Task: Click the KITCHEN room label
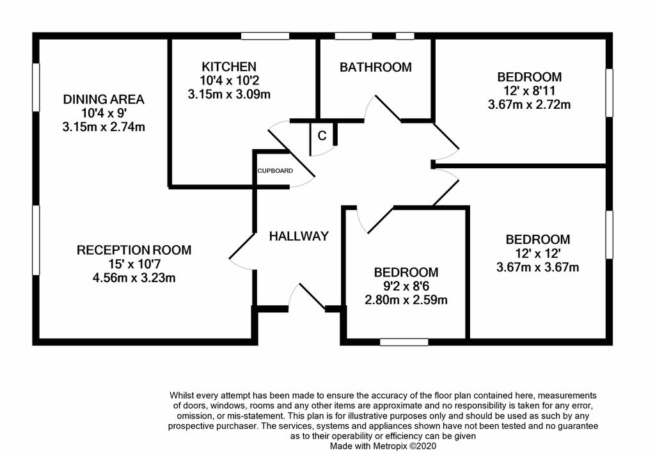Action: tap(229, 67)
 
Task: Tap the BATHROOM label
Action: tap(375, 67)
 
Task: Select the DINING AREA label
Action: tap(104, 99)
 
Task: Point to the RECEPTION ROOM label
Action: tap(134, 250)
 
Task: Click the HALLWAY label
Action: tap(299, 236)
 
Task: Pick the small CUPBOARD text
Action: tap(275, 171)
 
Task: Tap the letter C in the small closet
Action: tap(322, 136)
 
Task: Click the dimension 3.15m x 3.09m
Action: tap(229, 94)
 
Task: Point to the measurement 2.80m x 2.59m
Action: tap(406, 299)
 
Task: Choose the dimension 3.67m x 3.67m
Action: tap(537, 267)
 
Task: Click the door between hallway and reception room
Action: tap(241, 249)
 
